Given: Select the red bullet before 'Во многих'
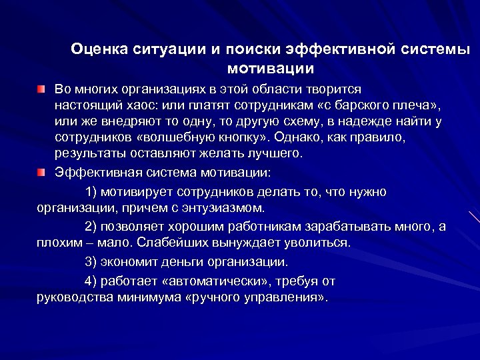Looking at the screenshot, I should point(42,89).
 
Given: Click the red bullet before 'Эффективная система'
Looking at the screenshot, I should point(42,173).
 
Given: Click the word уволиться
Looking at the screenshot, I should point(315,242).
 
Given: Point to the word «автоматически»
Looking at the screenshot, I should point(217,281).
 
